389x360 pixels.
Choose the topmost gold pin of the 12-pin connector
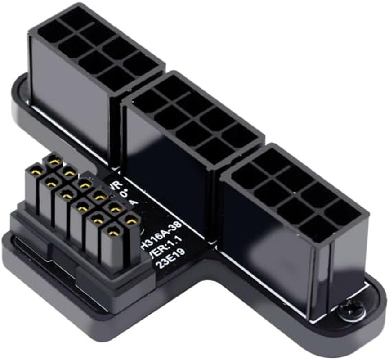click(x=54, y=159)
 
